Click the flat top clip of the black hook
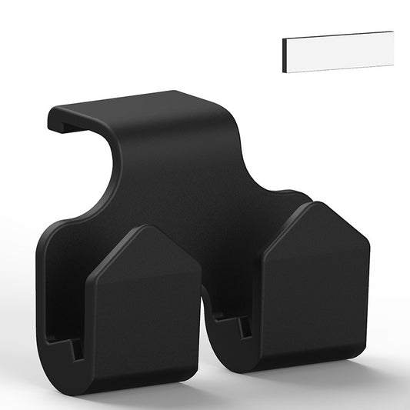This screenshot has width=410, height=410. point(123,108)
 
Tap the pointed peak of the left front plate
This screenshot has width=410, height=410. point(146,228)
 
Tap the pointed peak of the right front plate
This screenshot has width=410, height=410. point(315,204)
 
